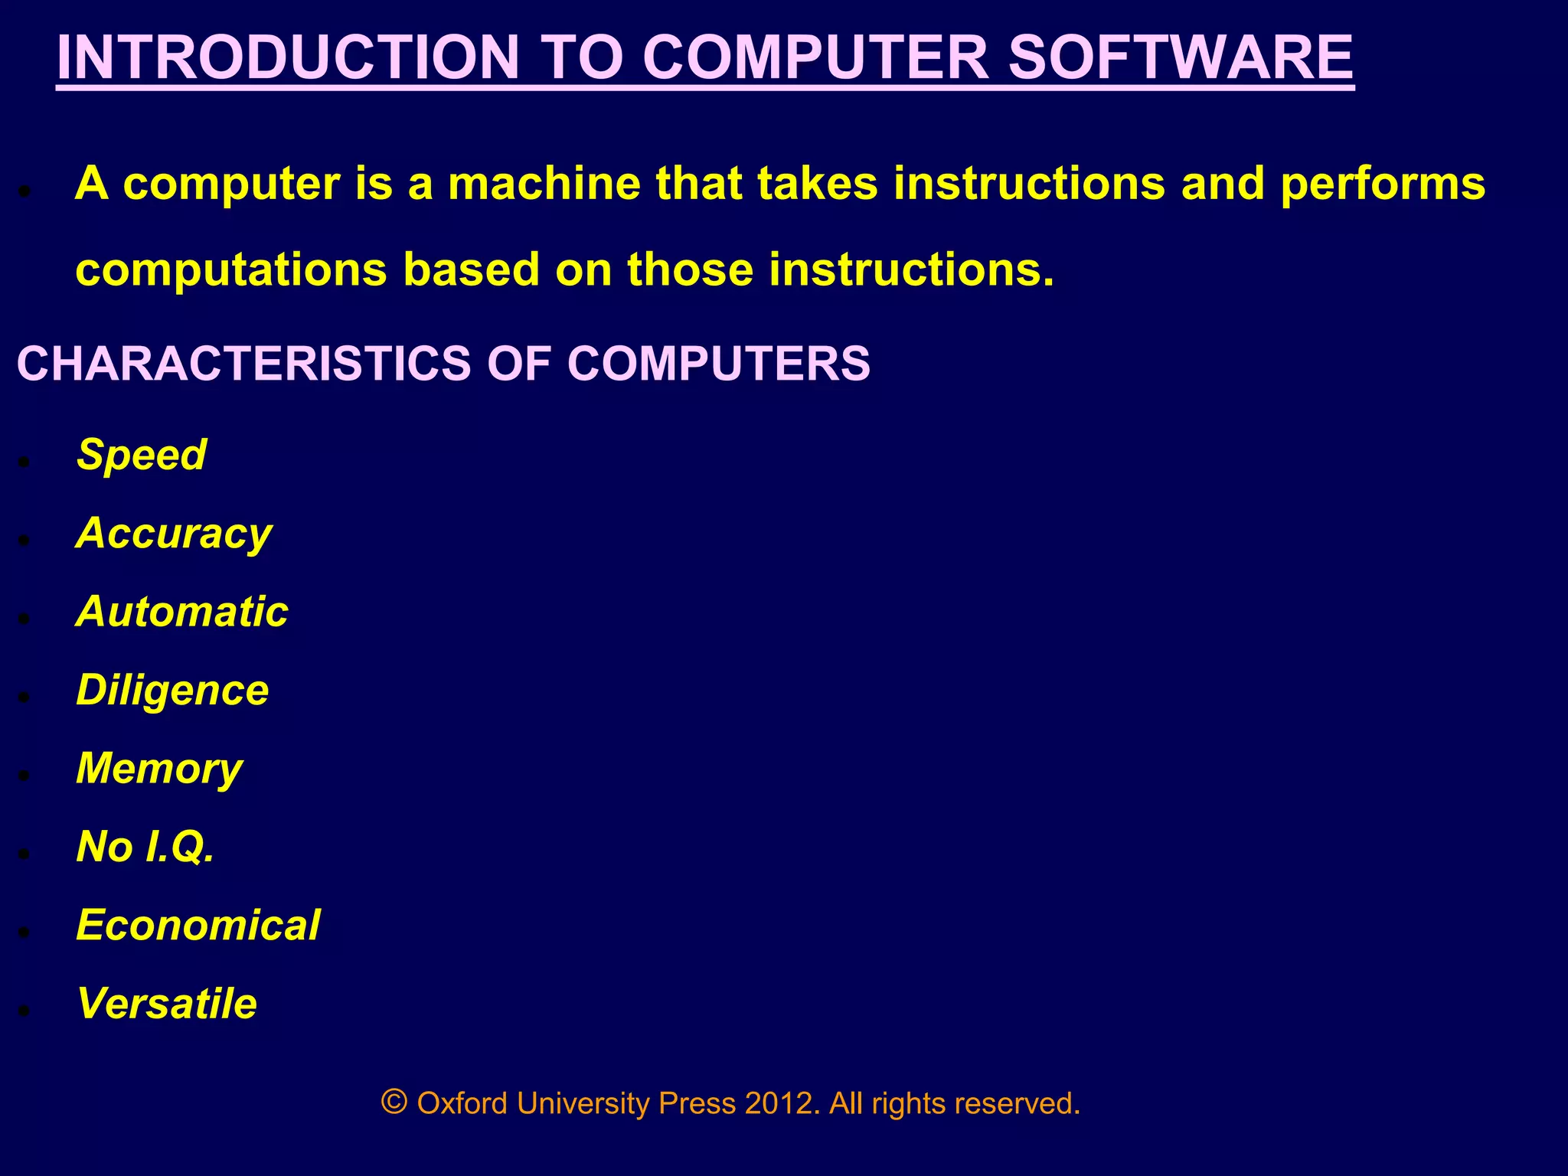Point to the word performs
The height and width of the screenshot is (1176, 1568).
tap(1382, 185)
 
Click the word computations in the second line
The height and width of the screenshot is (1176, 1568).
tap(231, 270)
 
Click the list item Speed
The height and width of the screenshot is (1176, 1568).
tap(142, 456)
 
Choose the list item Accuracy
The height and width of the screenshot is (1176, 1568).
tap(174, 534)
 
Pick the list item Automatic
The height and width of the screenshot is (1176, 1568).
tap(182, 612)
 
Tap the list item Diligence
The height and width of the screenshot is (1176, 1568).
tap(172, 691)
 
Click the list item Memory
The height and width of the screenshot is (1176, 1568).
tap(159, 769)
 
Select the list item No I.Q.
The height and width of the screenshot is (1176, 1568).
tap(145, 848)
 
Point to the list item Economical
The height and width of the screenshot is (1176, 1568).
tap(198, 926)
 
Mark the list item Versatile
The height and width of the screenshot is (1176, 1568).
tap(167, 1004)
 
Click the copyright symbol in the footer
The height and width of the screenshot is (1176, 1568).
tap(394, 1102)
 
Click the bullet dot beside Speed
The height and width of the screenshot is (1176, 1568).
tap(24, 462)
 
